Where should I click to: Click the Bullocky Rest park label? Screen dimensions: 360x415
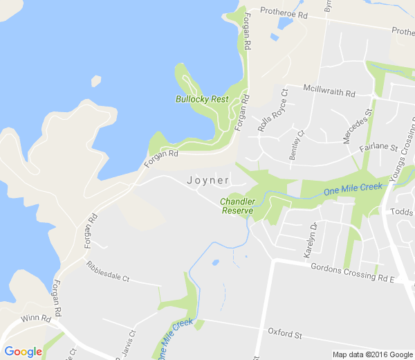[x=201, y=99]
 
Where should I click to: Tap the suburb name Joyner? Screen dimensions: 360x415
[x=208, y=180]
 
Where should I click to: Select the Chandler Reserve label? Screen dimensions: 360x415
[x=237, y=206]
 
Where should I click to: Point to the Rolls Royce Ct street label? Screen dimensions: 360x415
[x=273, y=109]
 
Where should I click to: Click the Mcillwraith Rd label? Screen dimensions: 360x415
[x=329, y=91]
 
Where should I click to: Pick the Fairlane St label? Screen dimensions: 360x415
[x=378, y=148]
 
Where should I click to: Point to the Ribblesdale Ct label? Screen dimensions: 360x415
[x=108, y=271]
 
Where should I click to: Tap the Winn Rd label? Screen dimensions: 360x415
[x=36, y=319]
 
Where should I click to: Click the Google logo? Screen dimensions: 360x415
[x=23, y=352]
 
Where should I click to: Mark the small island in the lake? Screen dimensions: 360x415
[x=95, y=81]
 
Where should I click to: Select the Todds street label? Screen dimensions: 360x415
[x=401, y=212]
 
